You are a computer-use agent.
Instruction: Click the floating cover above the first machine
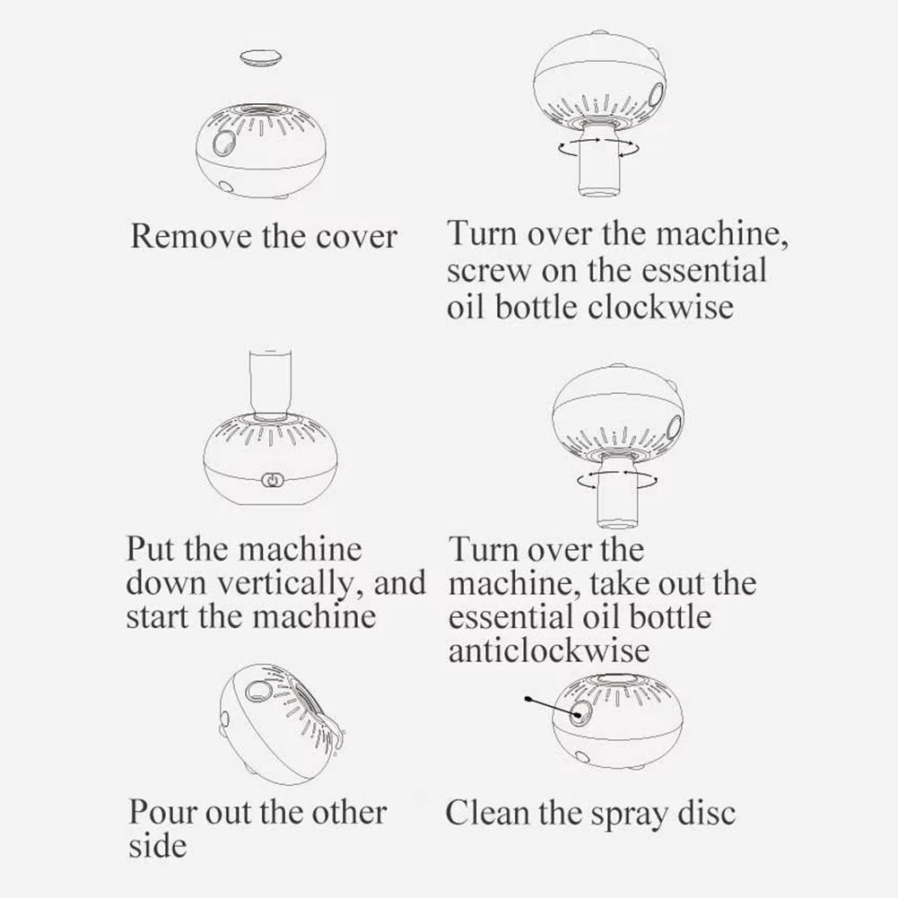[x=260, y=57]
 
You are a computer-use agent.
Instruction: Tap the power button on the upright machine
[x=269, y=481]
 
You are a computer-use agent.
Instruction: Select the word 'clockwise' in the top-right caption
[x=660, y=308]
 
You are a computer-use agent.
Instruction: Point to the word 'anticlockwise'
[x=548, y=650]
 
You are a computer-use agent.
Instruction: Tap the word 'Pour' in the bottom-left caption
[x=162, y=813]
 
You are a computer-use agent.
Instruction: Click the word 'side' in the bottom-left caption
[x=157, y=846]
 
